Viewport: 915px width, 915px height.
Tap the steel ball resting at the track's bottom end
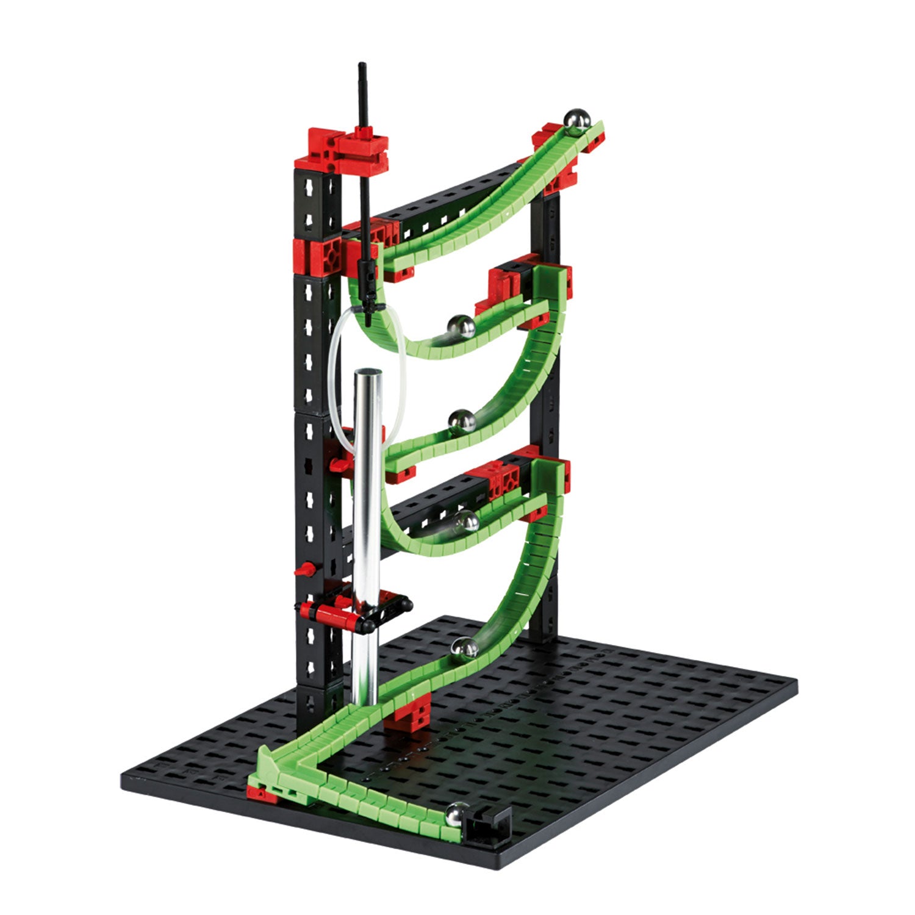(x=457, y=814)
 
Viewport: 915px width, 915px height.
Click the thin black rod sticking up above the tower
(x=363, y=98)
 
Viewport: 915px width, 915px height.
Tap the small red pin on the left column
(x=305, y=571)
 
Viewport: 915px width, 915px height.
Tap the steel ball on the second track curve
(x=462, y=327)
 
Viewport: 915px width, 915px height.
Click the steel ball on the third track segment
(x=462, y=422)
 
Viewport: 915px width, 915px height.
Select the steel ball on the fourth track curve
(x=466, y=522)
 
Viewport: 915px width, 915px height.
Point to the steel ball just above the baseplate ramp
(x=464, y=648)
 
